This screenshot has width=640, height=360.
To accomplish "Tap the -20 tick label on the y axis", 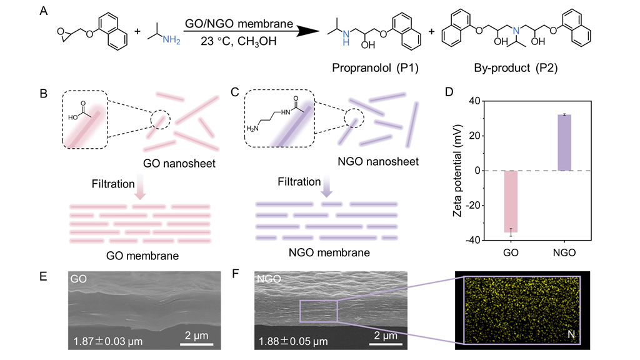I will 472,206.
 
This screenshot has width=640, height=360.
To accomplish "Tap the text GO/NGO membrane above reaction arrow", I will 238,24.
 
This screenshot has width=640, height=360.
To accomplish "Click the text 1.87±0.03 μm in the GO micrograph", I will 108,341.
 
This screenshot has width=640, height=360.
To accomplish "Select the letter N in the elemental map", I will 569,336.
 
